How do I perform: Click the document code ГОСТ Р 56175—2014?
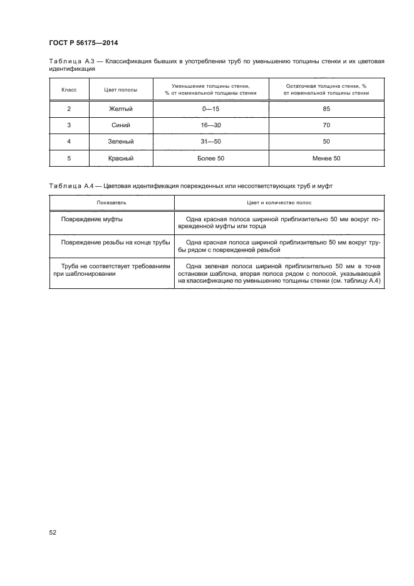83,43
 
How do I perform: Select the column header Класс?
68,90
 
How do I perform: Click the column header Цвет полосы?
121,90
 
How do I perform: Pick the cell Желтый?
121,108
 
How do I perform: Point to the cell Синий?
121,125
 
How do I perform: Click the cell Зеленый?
121,142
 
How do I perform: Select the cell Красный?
121,159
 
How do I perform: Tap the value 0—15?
210,108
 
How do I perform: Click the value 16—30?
210,125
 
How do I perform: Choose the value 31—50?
210,142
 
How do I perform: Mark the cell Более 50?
210,159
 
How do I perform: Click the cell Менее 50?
326,159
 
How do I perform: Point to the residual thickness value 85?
326,108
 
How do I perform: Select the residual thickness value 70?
326,125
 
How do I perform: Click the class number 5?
68,159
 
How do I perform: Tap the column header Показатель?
111,203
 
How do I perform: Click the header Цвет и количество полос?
279,203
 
